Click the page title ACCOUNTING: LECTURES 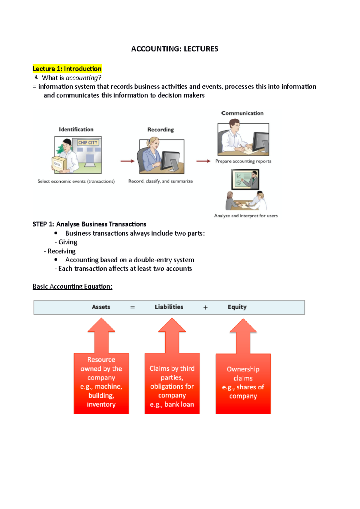[x=175, y=49]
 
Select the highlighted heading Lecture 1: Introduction [x=67, y=69]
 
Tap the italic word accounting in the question [x=82, y=78]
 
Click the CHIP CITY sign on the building [x=88, y=143]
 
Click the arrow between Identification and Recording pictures [x=127, y=161]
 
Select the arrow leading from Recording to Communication [x=203, y=161]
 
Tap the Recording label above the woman [x=160, y=129]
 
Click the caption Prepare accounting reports [x=243, y=161]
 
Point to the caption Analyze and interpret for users [x=246, y=216]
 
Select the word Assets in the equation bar [x=101, y=307]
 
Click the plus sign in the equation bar [x=205, y=308]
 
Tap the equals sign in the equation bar [x=132, y=308]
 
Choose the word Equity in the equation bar [x=237, y=307]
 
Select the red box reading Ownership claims [x=243, y=384]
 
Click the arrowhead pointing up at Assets [x=101, y=325]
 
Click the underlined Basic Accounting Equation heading [x=72, y=287]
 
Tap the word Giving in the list [x=68, y=242]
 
